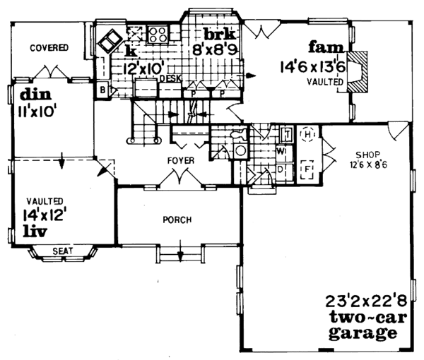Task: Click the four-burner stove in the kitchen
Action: tap(158, 34)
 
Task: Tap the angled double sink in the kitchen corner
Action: tap(110, 42)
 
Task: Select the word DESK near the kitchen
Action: tap(167, 80)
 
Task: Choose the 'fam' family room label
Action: tap(322, 49)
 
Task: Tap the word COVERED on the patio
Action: tap(49, 48)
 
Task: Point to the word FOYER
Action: tap(180, 160)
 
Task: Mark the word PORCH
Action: tap(176, 220)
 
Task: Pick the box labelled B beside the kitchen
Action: tap(102, 90)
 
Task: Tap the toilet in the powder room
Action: tap(240, 150)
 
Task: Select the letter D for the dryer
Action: tap(281, 169)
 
